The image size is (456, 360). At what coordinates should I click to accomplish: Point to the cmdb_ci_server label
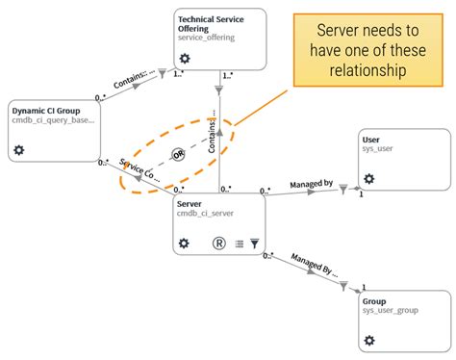(204, 214)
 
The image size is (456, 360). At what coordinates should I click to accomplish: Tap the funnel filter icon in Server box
(254, 244)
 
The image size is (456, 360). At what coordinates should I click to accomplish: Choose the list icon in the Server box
(238, 244)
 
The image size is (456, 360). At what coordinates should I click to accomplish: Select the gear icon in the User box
(368, 179)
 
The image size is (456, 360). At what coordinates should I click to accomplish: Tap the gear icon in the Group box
(369, 341)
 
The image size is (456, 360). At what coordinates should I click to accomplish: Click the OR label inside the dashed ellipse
(177, 154)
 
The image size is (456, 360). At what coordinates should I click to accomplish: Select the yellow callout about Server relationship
(368, 51)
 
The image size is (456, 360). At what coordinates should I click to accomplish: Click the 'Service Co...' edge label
(140, 176)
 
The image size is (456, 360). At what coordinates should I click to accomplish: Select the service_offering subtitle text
(207, 37)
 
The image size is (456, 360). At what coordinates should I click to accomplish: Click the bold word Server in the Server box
(191, 202)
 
